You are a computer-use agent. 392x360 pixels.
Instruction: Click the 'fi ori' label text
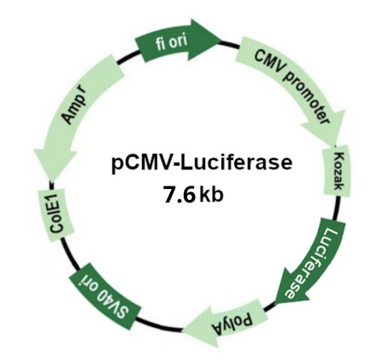pos(172,42)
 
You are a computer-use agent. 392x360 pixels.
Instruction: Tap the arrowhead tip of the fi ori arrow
pos(221,41)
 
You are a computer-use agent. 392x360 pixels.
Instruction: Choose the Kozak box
pos(338,173)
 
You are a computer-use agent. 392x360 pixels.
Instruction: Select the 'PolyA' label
pos(232,324)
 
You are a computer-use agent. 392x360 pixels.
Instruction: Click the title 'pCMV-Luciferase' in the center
pos(202,164)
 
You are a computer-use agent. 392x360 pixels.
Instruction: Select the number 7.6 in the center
pos(179,196)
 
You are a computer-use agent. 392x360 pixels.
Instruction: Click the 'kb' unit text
pos(211,195)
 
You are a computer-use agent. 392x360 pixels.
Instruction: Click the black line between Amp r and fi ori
pos(128,57)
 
